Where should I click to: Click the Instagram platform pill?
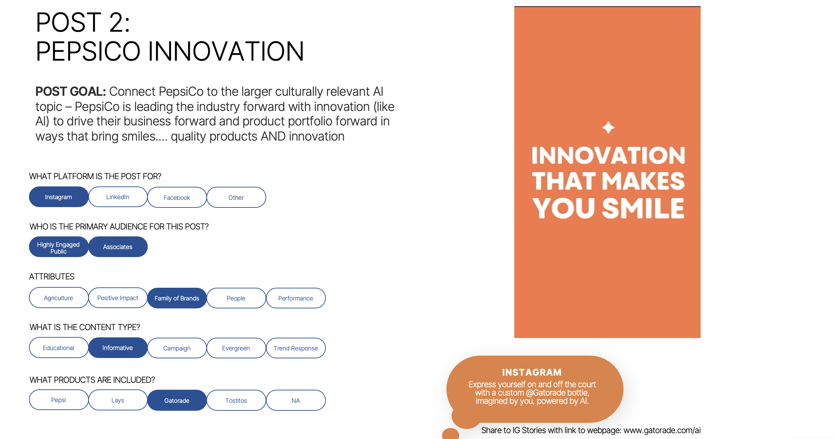[59, 197]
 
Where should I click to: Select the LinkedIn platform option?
[118, 197]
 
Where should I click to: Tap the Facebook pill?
[177, 197]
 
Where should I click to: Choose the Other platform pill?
[236, 197]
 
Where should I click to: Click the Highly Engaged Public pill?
[59, 247]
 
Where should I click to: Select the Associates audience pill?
[118, 247]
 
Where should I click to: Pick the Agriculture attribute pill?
[59, 298]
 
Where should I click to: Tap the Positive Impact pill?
[118, 298]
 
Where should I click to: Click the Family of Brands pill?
[177, 298]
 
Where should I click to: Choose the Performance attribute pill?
[296, 298]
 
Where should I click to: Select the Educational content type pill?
[59, 348]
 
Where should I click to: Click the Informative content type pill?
[118, 348]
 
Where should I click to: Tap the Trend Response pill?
[296, 348]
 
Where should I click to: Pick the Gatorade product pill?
[177, 400]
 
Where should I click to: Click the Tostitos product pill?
[236, 400]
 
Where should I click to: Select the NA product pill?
[296, 400]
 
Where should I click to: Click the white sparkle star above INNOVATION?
[608, 127]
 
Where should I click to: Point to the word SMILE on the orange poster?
[643, 208]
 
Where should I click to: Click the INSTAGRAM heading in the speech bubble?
[532, 372]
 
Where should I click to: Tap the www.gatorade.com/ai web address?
[662, 430]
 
